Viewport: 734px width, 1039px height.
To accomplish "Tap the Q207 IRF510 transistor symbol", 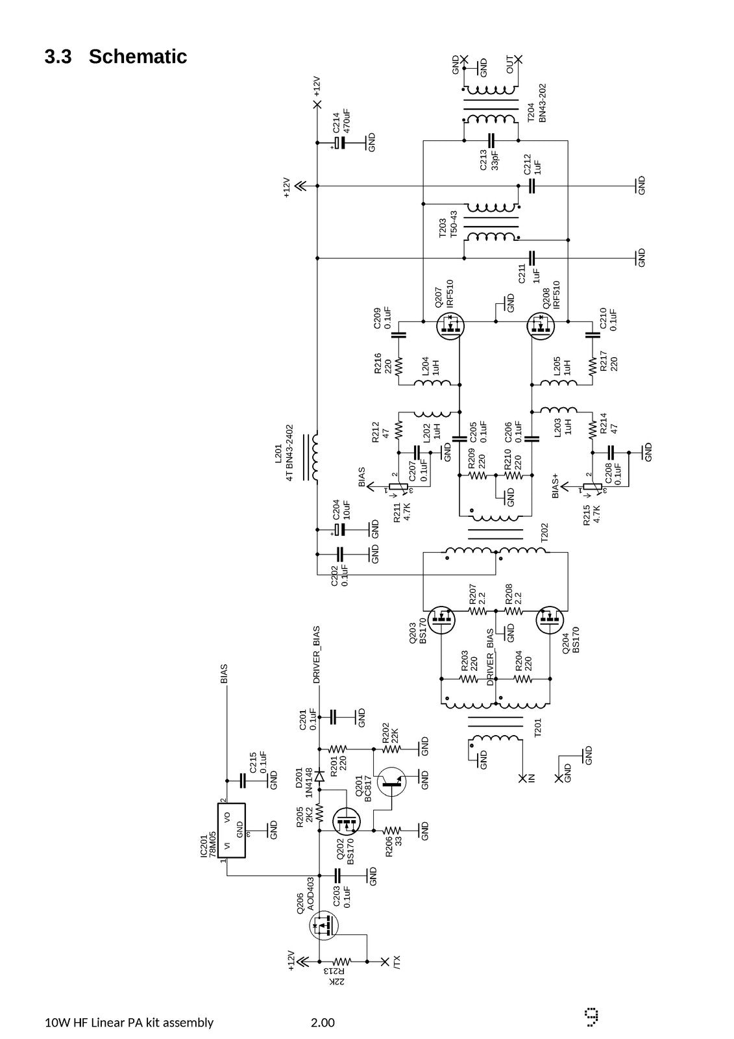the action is click(450, 326).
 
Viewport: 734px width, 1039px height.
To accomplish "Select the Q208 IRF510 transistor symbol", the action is click(541, 326).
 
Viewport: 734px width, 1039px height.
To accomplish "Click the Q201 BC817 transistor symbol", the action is click(392, 782).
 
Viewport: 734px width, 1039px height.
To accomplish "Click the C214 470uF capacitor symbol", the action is click(340, 142).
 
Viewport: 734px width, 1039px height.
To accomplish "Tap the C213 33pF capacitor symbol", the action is click(491, 140).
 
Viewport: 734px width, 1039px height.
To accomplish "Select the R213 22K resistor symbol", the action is click(342, 961).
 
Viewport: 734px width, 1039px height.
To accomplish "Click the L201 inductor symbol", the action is click(312, 457).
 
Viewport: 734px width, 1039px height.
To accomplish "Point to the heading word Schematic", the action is click(138, 56).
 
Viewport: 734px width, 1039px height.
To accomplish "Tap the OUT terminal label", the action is click(510, 64).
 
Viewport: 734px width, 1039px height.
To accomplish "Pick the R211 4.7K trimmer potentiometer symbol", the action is click(398, 488).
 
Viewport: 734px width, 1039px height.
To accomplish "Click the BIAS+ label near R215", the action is click(556, 486).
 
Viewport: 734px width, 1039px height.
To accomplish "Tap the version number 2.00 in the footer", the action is click(323, 1022).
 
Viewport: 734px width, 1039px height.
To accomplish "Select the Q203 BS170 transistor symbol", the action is click(441, 620).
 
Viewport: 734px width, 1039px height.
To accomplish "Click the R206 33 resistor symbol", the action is click(391, 830).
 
